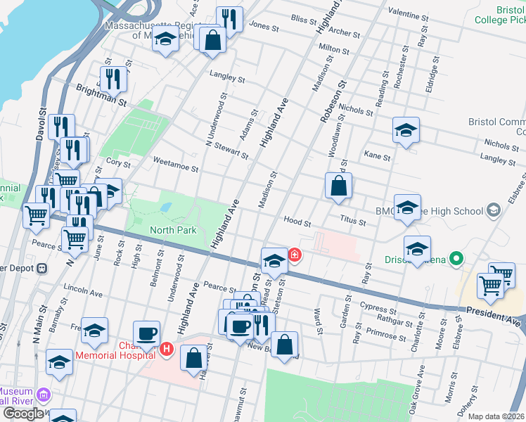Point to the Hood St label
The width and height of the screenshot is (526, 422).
click(297, 221)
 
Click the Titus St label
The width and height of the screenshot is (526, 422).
click(352, 222)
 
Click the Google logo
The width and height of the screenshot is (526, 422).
click(24, 414)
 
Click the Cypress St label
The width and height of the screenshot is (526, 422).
click(373, 307)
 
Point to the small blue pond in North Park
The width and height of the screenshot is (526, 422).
click(165, 207)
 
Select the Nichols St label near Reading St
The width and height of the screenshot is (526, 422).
click(355, 109)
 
